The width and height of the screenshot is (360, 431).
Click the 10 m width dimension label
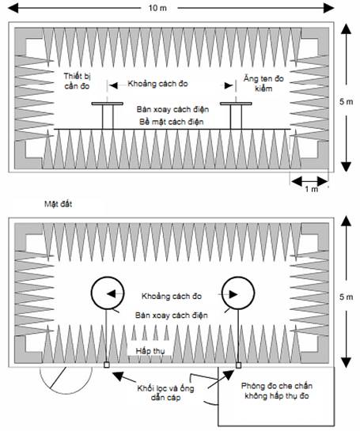point(157,8)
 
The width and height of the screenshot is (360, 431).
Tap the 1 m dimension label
point(311,189)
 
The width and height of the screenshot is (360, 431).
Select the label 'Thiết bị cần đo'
point(78,81)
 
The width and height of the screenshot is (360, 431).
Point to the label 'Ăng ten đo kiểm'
point(263,83)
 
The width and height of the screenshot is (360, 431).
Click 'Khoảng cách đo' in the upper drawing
point(158,84)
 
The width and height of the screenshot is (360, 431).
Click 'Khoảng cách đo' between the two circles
point(172,296)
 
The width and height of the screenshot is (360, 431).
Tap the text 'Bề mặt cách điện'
point(172,122)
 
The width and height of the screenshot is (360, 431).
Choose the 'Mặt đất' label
point(59,204)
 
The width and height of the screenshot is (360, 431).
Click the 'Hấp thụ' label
point(150,351)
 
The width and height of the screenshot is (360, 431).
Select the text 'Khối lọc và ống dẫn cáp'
point(165,393)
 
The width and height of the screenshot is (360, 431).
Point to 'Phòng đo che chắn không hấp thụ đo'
point(277,391)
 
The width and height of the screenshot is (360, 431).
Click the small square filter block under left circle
point(107,365)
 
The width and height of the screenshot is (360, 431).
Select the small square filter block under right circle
point(238,365)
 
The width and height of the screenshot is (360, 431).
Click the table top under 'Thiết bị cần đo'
point(108,104)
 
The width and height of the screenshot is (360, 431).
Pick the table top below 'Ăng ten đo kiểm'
point(236,104)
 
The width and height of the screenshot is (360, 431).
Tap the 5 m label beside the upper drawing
point(347,101)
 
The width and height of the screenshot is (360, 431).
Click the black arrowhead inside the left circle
point(112,294)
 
